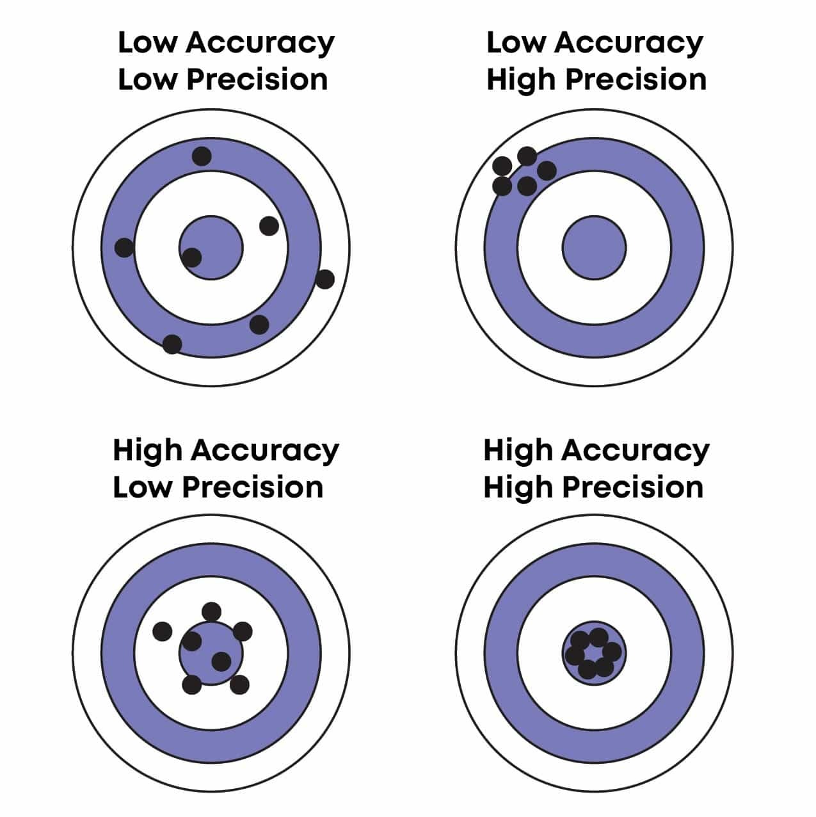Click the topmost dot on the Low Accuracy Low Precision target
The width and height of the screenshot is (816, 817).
click(x=202, y=156)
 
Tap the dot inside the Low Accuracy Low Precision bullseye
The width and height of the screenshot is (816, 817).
click(x=191, y=258)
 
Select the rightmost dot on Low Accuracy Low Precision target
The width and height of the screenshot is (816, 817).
click(x=325, y=279)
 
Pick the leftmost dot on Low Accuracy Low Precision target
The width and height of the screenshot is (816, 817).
click(x=124, y=247)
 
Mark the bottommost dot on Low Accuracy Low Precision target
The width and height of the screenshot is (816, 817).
click(x=172, y=344)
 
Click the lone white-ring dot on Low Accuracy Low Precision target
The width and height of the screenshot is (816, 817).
click(x=269, y=225)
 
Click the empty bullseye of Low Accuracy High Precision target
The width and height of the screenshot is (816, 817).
click(x=594, y=248)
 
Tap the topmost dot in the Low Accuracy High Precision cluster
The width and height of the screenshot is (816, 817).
click(x=527, y=156)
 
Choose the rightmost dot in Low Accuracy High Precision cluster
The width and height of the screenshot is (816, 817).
click(x=547, y=170)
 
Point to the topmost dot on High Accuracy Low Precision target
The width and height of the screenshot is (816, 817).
click(x=211, y=612)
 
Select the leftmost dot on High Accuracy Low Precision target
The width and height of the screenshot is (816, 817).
click(x=163, y=631)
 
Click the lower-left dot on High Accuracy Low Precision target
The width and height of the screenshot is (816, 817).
click(x=191, y=684)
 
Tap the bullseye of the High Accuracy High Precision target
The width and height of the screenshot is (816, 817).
click(x=594, y=654)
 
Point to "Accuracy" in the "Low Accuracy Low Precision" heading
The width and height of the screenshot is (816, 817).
click(x=260, y=43)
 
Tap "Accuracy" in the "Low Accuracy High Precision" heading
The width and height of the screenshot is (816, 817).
click(x=628, y=43)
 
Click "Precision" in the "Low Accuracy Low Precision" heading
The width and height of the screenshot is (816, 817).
click(x=257, y=80)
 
